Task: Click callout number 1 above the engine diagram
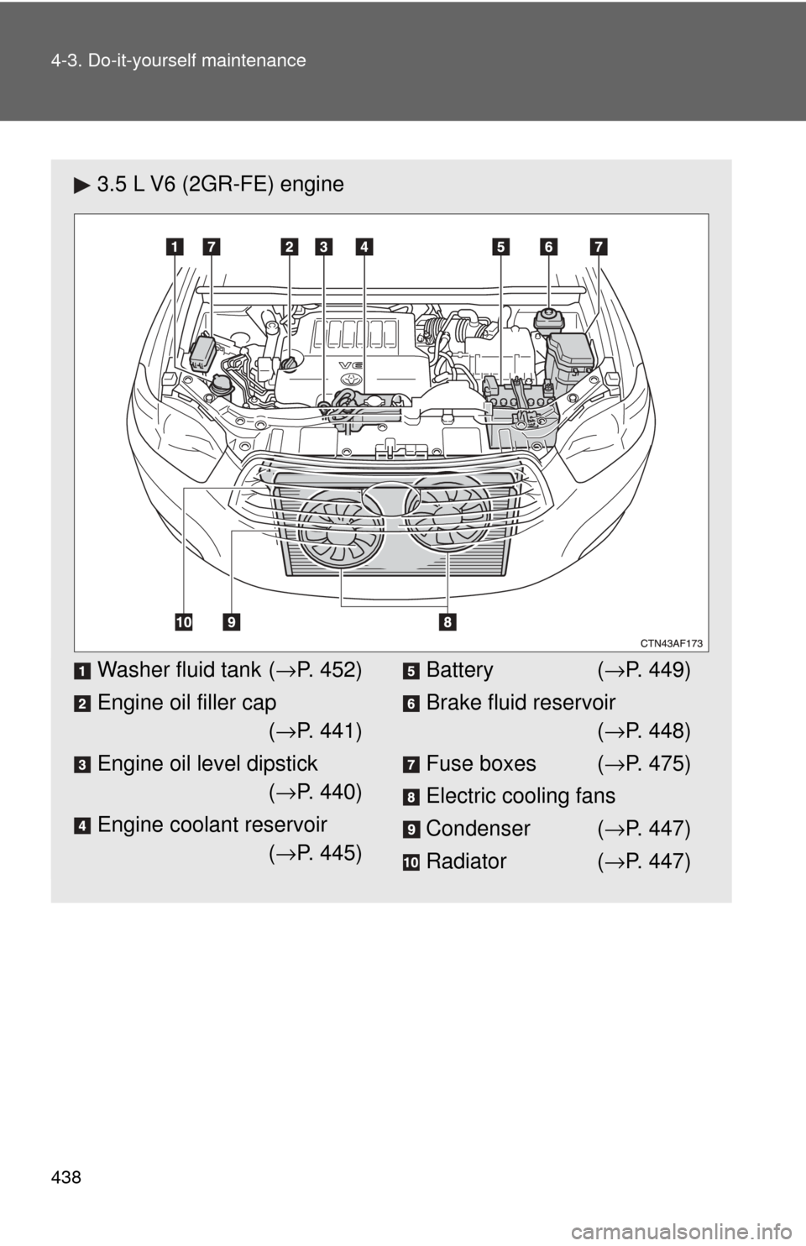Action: coord(174,246)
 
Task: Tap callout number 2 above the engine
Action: coord(290,246)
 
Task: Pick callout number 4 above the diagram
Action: coord(364,246)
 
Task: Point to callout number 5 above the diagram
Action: coord(500,246)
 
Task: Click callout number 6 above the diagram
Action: coord(548,246)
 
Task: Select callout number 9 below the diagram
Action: coord(232,621)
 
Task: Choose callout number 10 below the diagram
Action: coord(184,621)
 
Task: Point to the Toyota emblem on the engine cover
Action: coord(351,379)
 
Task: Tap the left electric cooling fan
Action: coord(340,530)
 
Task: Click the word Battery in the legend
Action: coord(459,670)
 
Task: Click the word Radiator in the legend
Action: coord(466,861)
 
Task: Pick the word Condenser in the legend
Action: coord(479,829)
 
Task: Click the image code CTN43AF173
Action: coord(672,644)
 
